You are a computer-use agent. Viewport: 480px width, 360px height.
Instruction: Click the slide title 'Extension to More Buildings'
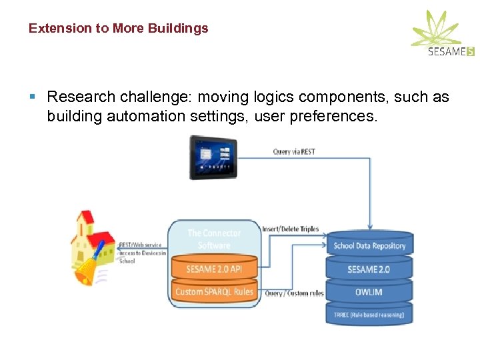(118, 29)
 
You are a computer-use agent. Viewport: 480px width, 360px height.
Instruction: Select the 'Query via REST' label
(294, 152)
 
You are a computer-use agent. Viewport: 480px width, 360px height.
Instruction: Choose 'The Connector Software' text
(214, 239)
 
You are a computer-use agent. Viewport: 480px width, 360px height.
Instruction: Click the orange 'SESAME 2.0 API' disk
(214, 269)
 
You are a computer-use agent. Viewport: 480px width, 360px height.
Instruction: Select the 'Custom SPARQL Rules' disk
(214, 292)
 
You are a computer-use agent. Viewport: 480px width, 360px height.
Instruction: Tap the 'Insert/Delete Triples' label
(290, 229)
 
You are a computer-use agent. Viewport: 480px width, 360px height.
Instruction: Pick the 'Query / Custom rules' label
(294, 293)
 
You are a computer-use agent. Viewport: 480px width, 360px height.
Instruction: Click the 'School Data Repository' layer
(369, 245)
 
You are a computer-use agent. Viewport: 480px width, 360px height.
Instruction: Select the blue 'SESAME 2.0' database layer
(369, 269)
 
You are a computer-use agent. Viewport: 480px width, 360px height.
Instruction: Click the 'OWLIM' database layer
(369, 292)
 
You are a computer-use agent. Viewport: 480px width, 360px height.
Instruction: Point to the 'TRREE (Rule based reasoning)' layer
(369, 315)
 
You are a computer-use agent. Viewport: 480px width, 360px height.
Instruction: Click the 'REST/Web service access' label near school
(141, 253)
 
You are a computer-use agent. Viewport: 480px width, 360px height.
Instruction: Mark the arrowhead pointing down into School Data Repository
(371, 227)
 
